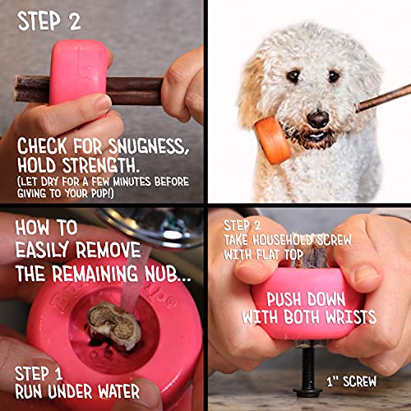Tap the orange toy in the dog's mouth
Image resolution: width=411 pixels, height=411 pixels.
(274, 140)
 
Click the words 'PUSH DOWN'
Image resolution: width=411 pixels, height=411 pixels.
(306, 298)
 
